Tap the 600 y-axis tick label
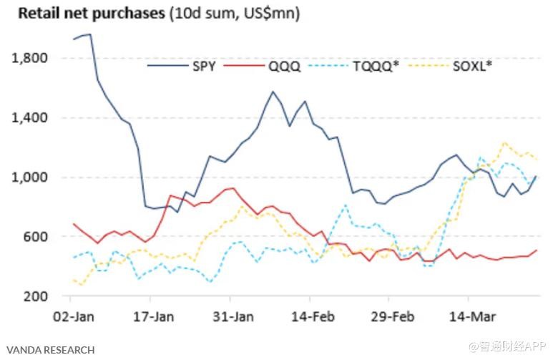34,237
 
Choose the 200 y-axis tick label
34,296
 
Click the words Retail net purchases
91,14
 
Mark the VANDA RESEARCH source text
47,350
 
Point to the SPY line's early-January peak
88,34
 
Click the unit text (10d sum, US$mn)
234,14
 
